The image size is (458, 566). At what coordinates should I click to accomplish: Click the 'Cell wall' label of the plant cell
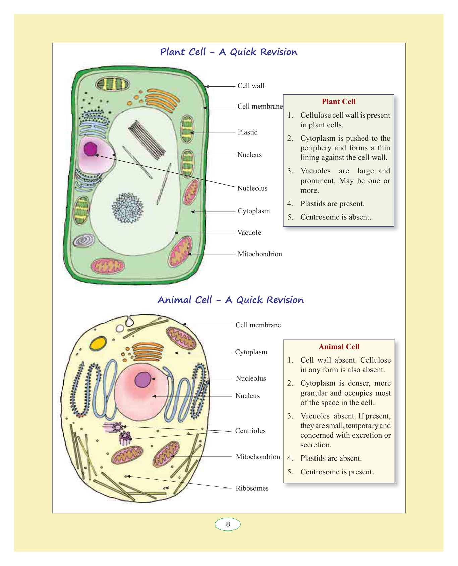251,86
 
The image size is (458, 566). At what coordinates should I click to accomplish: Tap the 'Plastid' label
248,132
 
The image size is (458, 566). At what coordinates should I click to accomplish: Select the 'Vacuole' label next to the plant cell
249,233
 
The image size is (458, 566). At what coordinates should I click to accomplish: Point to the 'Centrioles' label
250,431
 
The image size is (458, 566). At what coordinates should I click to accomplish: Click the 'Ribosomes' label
252,488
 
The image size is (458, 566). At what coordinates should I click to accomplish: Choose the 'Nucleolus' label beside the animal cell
250,379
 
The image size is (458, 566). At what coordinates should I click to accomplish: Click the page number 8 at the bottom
228,524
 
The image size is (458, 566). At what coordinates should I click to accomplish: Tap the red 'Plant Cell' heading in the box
339,102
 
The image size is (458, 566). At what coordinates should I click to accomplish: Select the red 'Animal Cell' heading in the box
339,347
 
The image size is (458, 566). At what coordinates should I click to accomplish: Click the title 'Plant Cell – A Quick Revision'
229,52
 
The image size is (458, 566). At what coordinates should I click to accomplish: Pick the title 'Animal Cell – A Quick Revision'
231,300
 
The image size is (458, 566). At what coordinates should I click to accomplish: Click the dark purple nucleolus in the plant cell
90,149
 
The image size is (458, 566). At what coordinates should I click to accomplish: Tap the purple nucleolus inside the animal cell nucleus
143,380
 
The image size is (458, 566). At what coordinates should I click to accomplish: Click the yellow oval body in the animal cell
98,343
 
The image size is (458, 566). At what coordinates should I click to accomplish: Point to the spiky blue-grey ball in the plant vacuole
128,208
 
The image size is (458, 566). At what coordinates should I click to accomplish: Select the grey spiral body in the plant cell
84,240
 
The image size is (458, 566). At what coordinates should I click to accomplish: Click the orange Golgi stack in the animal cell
148,351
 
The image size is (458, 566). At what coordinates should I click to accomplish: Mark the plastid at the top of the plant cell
113,84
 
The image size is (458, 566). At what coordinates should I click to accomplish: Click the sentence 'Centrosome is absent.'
336,217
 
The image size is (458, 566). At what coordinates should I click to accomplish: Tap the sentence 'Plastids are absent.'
331,458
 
